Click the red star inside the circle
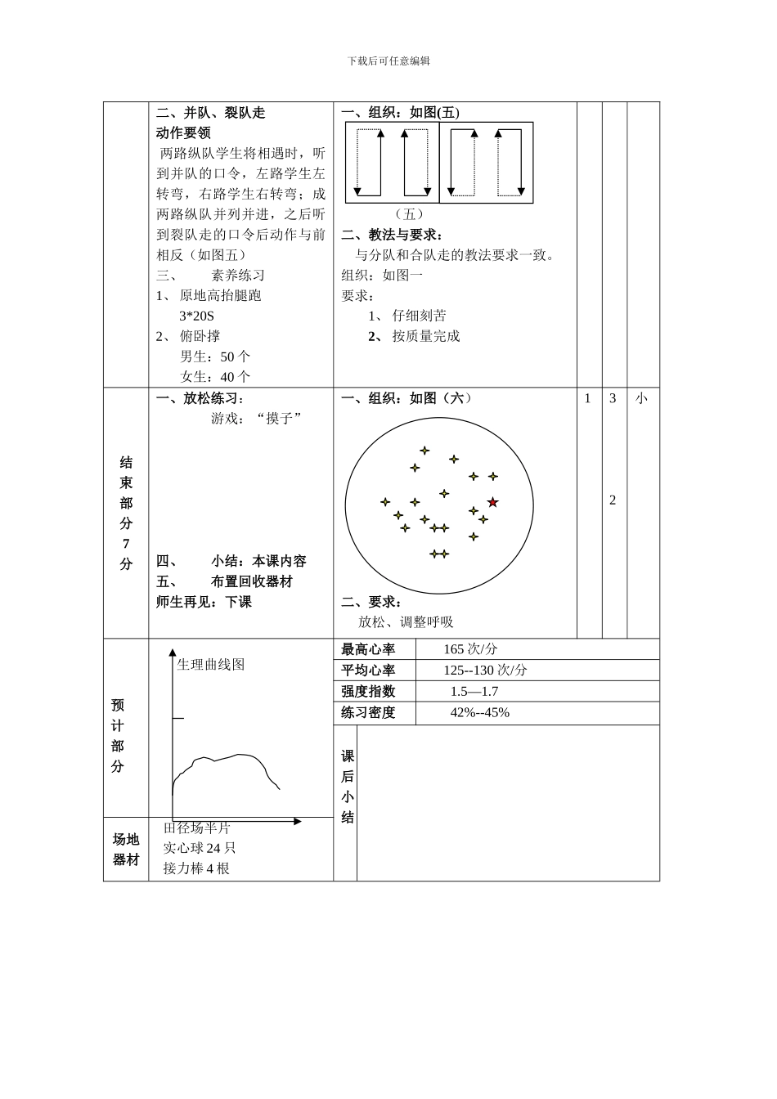(x=492, y=502)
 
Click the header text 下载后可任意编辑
(x=388, y=61)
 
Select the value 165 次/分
(x=470, y=649)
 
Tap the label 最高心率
(x=368, y=649)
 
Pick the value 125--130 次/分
(x=485, y=671)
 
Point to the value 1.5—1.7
(x=474, y=692)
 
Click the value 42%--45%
(x=479, y=713)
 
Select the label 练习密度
(x=368, y=713)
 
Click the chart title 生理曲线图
(x=211, y=665)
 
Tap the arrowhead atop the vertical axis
(x=173, y=653)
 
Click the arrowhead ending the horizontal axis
(x=298, y=821)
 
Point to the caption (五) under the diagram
(x=409, y=214)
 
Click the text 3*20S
(x=196, y=316)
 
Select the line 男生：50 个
(x=215, y=357)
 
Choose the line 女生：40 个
(x=215, y=377)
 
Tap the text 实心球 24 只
(x=200, y=848)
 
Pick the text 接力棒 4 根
(x=196, y=868)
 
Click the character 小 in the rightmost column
(x=641, y=399)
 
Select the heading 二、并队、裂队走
(x=211, y=113)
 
